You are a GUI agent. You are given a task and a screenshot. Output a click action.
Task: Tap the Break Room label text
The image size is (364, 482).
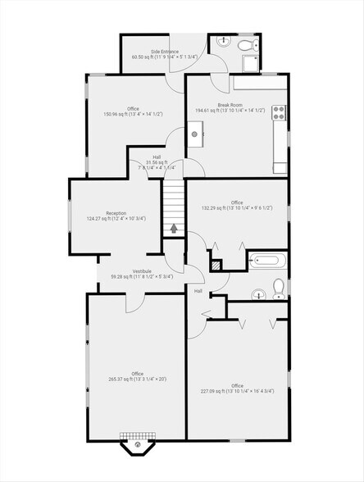[x=230, y=107]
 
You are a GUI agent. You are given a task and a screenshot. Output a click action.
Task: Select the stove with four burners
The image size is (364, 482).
[x=279, y=114]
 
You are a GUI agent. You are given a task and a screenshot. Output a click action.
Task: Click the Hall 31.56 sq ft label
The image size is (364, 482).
[x=156, y=161]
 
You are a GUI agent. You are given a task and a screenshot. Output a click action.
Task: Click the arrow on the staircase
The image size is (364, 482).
[x=174, y=227]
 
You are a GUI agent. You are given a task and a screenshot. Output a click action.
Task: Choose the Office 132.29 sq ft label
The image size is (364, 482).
[x=237, y=205]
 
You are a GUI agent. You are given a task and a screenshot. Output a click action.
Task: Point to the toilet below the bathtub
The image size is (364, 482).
[x=279, y=287]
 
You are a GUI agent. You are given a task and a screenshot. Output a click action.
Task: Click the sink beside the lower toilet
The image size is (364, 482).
[x=257, y=293]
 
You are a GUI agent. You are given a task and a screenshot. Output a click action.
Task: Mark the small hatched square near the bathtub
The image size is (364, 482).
[x=216, y=265]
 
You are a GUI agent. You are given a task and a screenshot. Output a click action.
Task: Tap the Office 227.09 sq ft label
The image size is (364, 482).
[x=237, y=388]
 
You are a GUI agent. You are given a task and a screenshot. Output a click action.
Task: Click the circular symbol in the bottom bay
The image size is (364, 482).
[x=138, y=447]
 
